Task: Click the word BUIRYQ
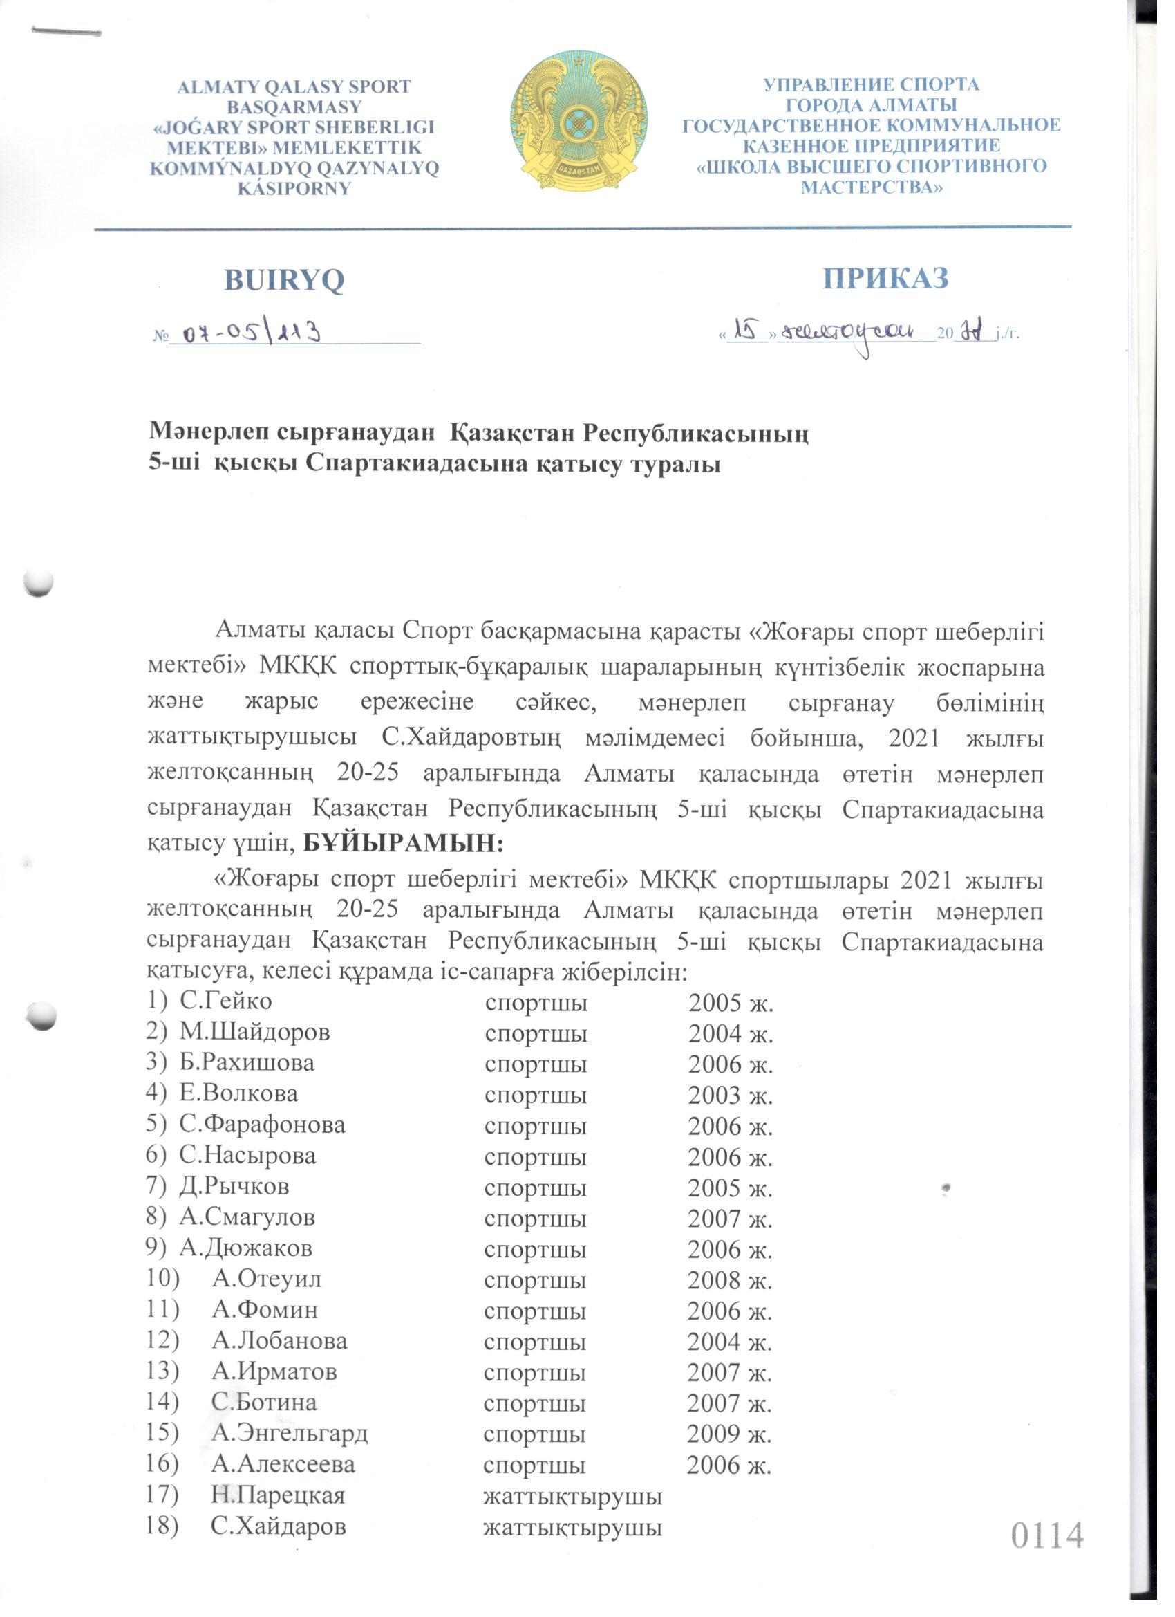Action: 283,281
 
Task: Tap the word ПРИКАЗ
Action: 885,278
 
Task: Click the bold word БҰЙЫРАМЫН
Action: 404,844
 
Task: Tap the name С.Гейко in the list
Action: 225,1001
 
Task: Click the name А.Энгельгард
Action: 290,1433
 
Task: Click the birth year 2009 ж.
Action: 729,1433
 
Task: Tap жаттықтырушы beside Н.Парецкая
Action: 572,1495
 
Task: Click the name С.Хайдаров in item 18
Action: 279,1526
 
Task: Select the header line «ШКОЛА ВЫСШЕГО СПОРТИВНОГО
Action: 871,167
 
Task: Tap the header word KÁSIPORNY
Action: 294,189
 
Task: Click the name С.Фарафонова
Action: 262,1125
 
